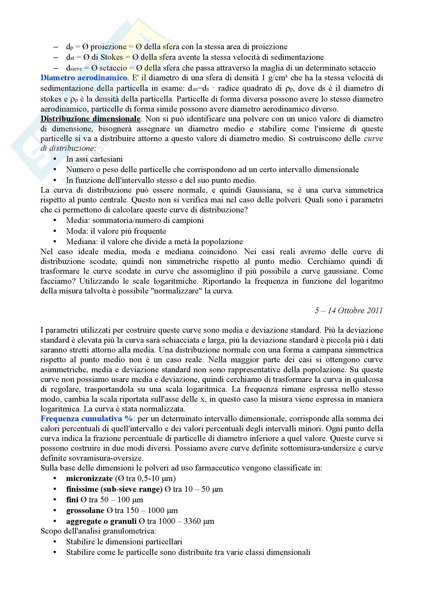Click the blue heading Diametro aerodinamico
click(x=84, y=78)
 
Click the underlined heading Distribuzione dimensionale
click(x=90, y=119)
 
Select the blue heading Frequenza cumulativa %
click(x=86, y=418)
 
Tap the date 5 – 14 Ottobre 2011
click(x=349, y=310)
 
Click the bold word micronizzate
click(x=89, y=478)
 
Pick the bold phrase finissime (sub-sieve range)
click(x=114, y=489)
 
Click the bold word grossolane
click(x=85, y=510)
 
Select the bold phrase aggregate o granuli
click(x=101, y=521)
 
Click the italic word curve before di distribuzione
click(x=373, y=139)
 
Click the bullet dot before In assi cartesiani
click(x=55, y=159)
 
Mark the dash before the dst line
click(x=55, y=57)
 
